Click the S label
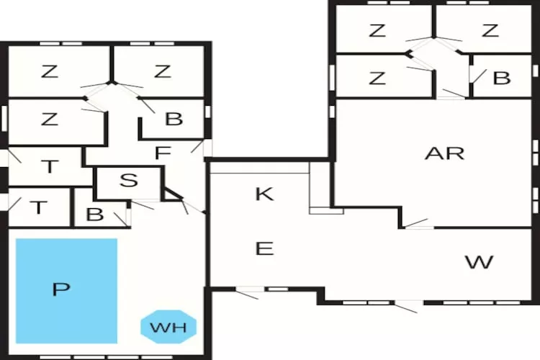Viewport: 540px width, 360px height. click(x=128, y=181)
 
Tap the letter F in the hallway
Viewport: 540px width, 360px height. click(x=162, y=153)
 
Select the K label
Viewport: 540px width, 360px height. click(x=264, y=194)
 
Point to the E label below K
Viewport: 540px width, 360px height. click(x=264, y=249)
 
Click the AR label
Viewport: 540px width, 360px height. click(x=444, y=153)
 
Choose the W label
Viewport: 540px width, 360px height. click(x=479, y=262)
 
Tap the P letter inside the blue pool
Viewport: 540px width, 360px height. click(x=61, y=290)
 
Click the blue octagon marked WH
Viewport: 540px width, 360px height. click(x=168, y=328)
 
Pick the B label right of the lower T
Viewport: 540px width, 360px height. click(x=94, y=215)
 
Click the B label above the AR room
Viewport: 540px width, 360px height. click(x=502, y=78)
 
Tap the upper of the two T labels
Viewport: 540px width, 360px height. click(x=49, y=168)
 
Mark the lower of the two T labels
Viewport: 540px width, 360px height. click(x=37, y=208)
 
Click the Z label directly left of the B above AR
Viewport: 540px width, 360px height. click(x=377, y=78)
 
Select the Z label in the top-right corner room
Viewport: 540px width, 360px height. click(x=490, y=30)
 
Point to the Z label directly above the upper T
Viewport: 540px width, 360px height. click(x=49, y=120)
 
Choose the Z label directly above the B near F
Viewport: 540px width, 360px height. click(x=162, y=71)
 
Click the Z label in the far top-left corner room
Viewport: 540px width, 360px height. click(x=49, y=71)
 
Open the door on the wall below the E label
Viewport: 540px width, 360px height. click(x=248, y=292)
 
